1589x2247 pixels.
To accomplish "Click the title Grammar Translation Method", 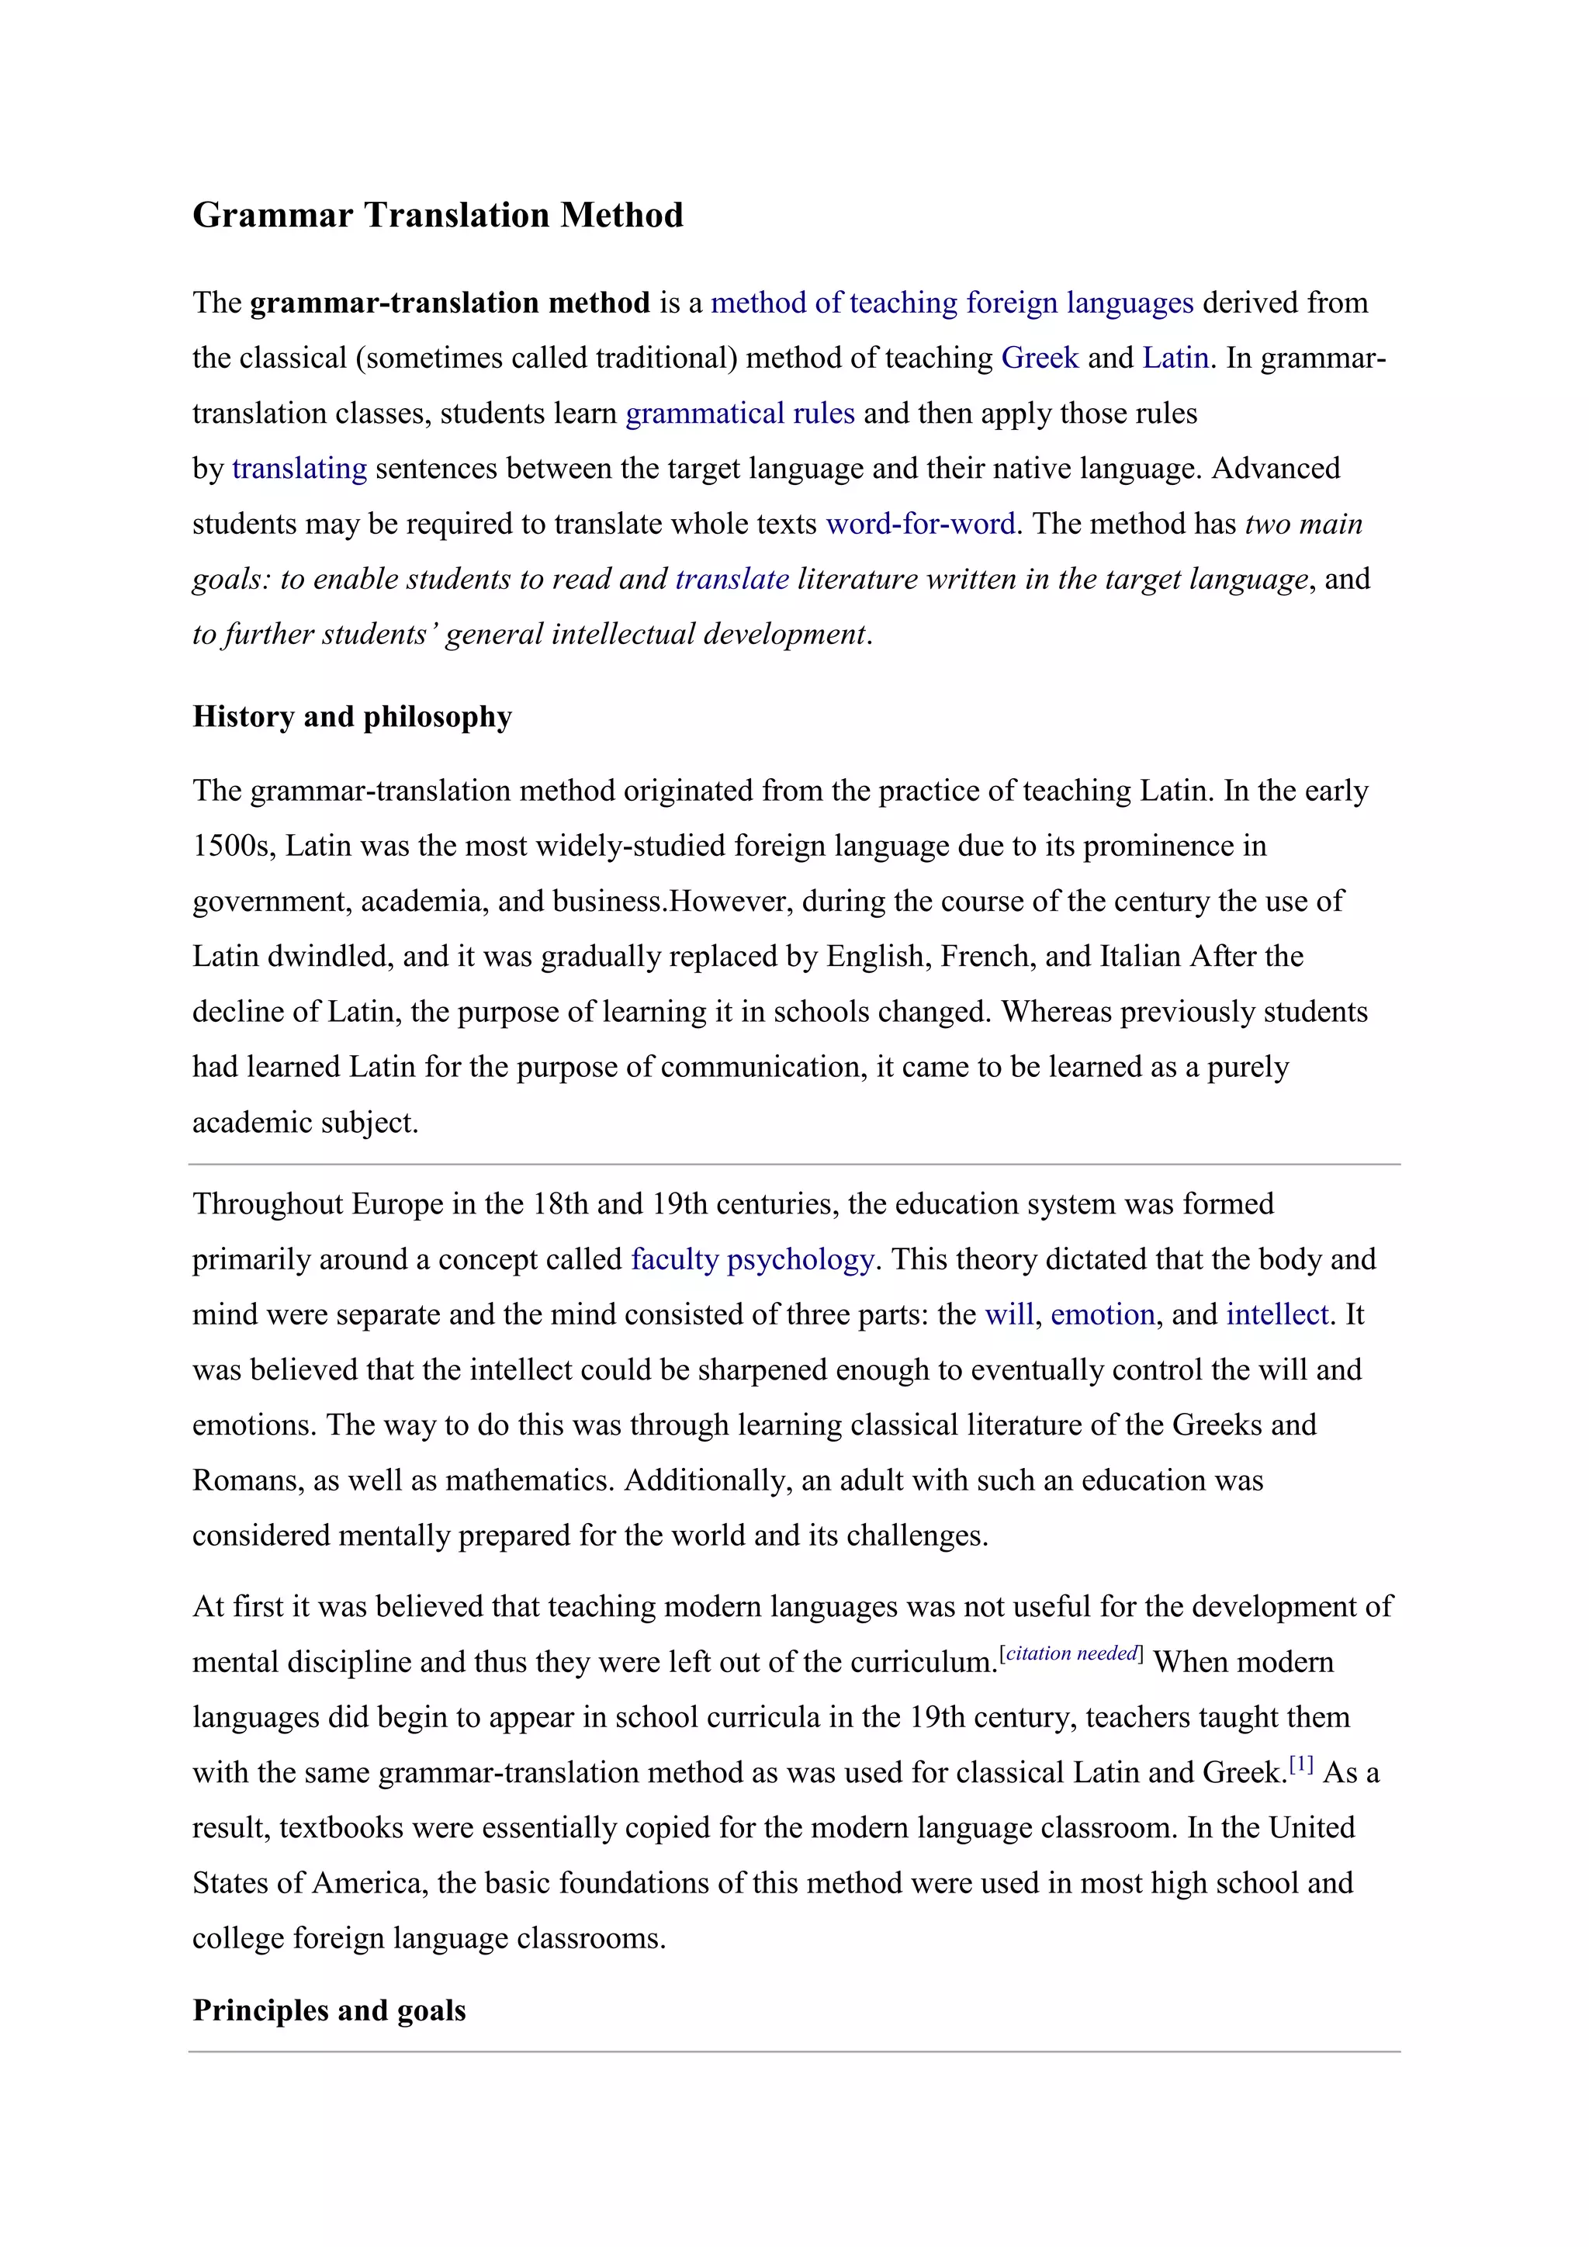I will pos(438,215).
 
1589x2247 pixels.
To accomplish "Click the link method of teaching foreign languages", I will pos(951,303).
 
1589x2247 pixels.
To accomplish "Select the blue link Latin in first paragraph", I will pos(1175,358).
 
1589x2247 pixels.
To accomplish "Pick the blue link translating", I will pos(299,469).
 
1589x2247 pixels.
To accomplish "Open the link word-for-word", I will pos(919,525).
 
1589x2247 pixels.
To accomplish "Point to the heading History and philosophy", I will pos(352,716).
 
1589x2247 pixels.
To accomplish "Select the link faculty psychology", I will pos(752,1259).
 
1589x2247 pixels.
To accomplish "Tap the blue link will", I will pos(1009,1314).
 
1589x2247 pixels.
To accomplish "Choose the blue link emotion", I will pos(1103,1314).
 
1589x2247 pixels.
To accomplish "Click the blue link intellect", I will pos(1277,1314).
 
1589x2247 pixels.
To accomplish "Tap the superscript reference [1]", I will pos(1300,1764).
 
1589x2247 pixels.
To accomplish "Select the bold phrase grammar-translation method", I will pos(450,303).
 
